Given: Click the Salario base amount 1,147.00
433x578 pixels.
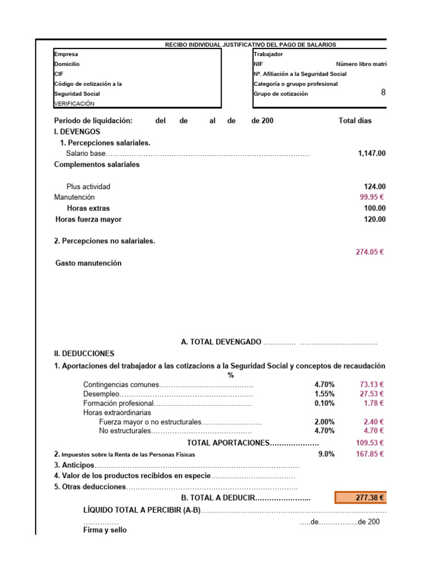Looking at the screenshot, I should (x=372, y=154).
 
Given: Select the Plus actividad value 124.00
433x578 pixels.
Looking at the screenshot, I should (x=375, y=187).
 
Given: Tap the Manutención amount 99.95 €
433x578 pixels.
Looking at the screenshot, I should (x=372, y=198).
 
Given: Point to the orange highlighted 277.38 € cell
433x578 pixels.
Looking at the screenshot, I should (x=361, y=498).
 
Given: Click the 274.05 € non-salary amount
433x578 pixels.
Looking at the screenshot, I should (x=369, y=252).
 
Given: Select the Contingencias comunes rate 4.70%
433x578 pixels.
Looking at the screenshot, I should (x=324, y=385).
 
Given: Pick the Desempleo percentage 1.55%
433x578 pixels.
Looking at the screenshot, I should (x=324, y=394).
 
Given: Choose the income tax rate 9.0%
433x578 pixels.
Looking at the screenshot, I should (x=326, y=454).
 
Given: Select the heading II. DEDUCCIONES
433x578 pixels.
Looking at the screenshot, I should (x=84, y=354).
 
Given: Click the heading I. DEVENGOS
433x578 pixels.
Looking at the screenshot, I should (x=77, y=132).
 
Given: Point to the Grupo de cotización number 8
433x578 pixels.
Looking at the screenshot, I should (x=383, y=93).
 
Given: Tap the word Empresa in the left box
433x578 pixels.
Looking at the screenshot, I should (x=66, y=55).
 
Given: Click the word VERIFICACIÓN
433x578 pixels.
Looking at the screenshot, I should (x=74, y=104).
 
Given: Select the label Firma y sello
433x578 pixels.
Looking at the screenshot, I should (x=105, y=531).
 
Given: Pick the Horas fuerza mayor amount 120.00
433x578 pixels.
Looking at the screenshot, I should (x=375, y=220).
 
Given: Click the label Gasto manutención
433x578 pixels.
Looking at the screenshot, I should (x=89, y=263).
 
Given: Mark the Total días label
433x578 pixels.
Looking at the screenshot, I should (x=355, y=121).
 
